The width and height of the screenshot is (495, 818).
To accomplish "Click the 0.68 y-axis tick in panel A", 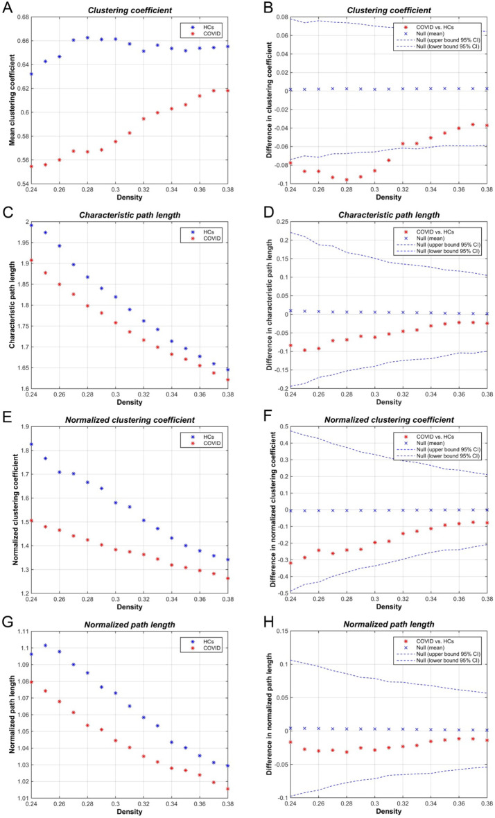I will (x=20, y=17).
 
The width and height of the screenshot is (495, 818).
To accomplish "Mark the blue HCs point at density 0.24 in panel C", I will (x=31, y=225).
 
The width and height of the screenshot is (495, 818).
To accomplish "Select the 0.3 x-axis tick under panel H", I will (x=375, y=803).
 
